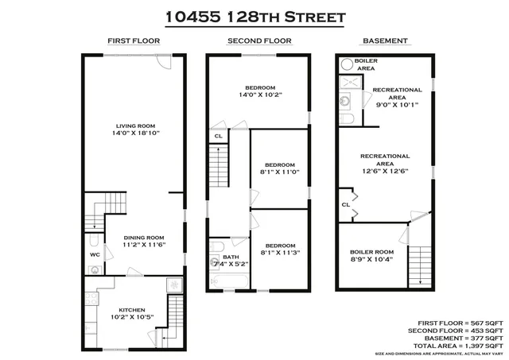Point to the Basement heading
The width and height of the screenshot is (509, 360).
point(385,41)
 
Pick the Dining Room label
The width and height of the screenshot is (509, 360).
point(143,237)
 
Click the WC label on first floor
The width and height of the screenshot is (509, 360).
point(94,256)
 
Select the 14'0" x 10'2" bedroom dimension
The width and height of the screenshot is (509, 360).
point(260,95)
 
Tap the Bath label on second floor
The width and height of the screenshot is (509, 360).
point(231,257)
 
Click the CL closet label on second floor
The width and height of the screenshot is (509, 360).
point(218,137)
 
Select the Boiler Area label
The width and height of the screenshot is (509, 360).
point(366,64)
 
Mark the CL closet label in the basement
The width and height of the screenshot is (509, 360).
point(346,204)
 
